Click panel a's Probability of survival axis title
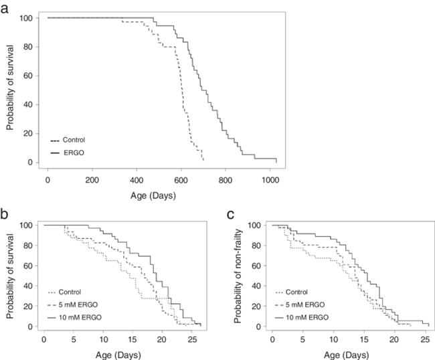pyautogui.click(x=11, y=90)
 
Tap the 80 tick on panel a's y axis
pyautogui.click(x=26, y=47)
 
